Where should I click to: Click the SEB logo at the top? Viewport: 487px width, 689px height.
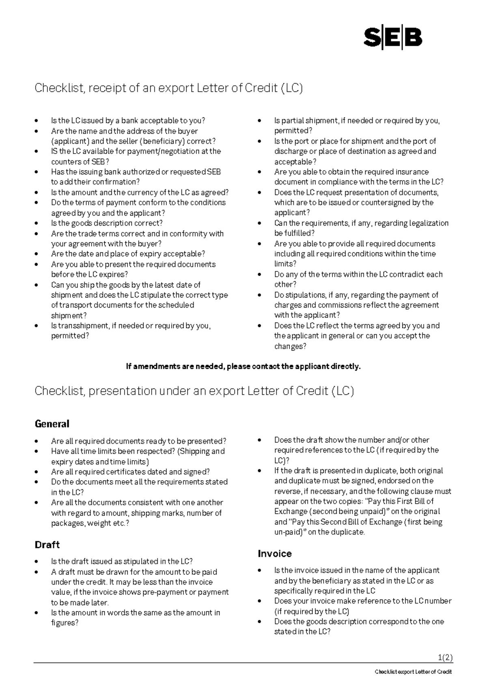[x=392, y=39]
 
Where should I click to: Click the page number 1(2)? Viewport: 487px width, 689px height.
[x=445, y=657]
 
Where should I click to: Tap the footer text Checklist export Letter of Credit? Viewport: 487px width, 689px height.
[x=413, y=672]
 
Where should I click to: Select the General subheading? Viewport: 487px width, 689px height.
[x=52, y=424]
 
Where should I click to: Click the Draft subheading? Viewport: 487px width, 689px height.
[x=47, y=544]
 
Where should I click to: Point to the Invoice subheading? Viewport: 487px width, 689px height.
[x=275, y=553]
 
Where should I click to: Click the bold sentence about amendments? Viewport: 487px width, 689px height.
[x=243, y=366]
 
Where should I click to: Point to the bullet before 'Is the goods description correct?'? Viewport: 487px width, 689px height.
[x=37, y=223]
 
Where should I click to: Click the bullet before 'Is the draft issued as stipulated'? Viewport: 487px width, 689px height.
[x=37, y=562]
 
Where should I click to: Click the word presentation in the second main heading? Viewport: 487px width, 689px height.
[x=122, y=391]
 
